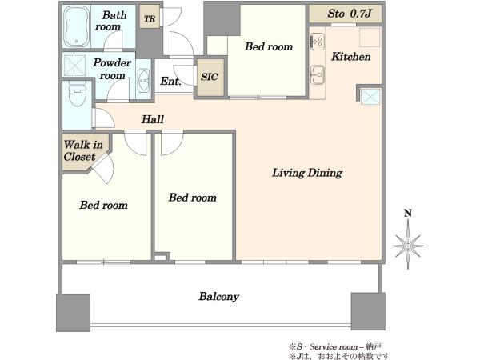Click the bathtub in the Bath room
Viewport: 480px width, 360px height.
tap(77, 26)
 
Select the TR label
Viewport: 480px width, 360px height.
tap(150, 19)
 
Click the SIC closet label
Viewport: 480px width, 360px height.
tap(210, 77)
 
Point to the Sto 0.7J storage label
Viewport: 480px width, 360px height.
tap(350, 14)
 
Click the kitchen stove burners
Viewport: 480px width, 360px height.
tap(318, 42)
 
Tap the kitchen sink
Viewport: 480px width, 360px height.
tap(318, 74)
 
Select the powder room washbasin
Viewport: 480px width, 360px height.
tap(143, 81)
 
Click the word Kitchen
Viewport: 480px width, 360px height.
tap(351, 57)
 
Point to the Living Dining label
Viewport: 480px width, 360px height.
tap(307, 173)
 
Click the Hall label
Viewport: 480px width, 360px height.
tap(153, 119)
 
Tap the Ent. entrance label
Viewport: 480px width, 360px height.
tap(171, 81)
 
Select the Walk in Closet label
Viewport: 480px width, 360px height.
tap(83, 150)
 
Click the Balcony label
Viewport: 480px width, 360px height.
tap(219, 296)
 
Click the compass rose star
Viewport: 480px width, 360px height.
tap(408, 246)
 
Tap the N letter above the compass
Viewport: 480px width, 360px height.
tap(408, 213)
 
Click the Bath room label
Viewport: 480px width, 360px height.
tap(110, 21)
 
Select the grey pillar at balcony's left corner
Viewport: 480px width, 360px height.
tap(73, 313)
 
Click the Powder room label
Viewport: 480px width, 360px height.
tap(112, 69)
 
